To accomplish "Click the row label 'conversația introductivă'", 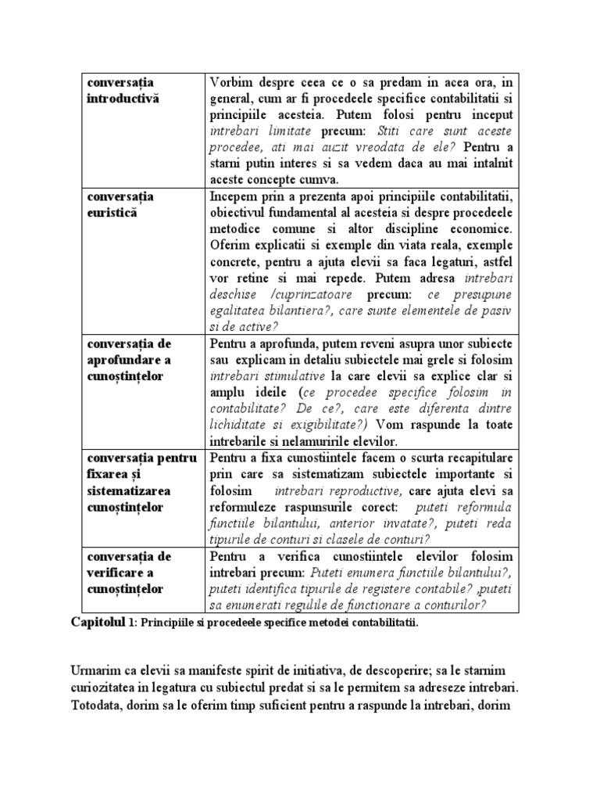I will click(x=123, y=91).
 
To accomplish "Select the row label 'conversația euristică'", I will click(x=120, y=204).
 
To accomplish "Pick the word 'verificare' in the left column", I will click(x=117, y=573).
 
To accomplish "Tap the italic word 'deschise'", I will click(x=235, y=294).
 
